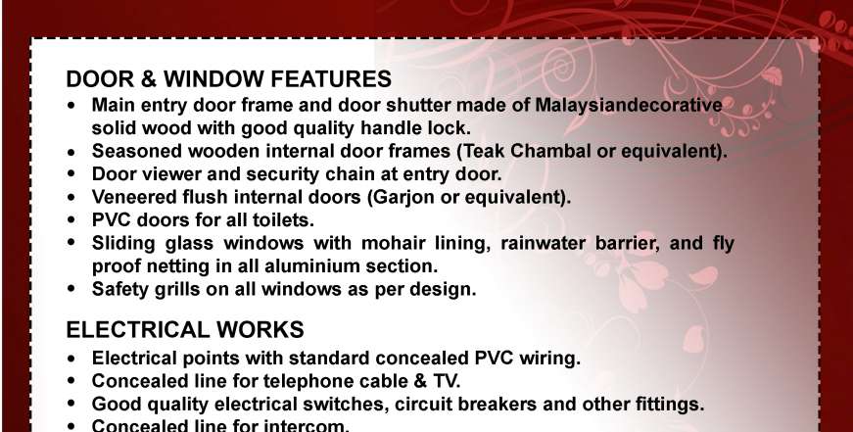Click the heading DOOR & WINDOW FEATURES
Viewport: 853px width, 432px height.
coord(228,79)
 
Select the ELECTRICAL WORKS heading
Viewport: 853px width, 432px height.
coord(185,330)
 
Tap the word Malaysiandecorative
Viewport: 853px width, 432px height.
coord(629,106)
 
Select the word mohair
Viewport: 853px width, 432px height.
coord(393,243)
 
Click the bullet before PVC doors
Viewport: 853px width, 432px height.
coord(71,220)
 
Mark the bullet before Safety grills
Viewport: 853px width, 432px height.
coord(71,290)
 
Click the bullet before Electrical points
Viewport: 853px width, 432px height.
coord(71,359)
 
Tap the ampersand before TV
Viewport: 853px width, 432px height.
coord(419,381)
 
